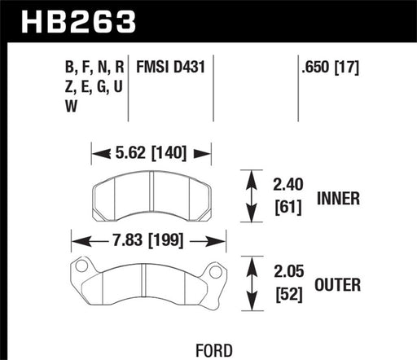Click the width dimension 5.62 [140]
pos(151,151)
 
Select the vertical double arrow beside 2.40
pos(248,196)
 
